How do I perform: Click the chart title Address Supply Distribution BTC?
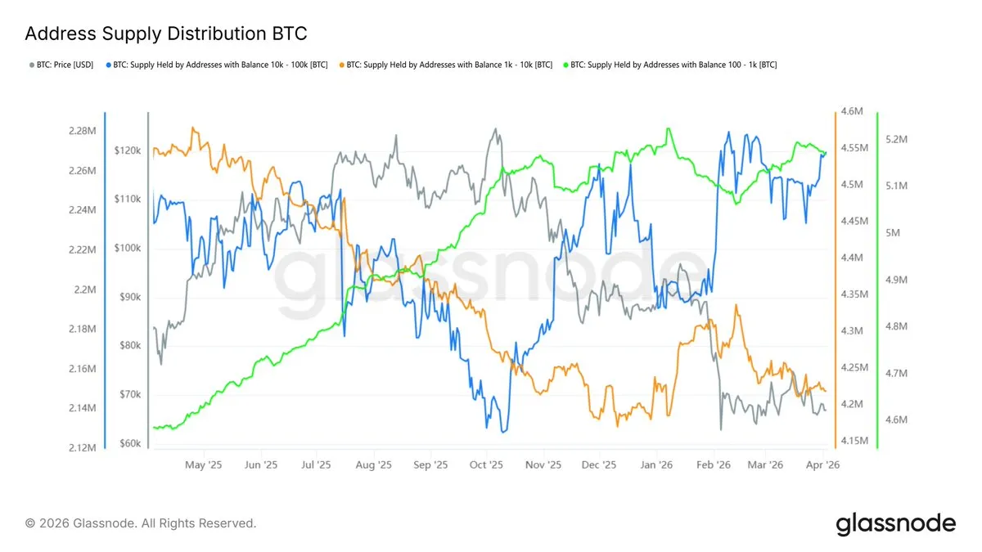click(166, 34)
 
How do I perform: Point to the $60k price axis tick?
click(129, 444)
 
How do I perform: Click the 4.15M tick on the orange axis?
click(854, 441)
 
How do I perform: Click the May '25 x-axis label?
click(204, 464)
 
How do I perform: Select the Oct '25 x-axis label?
click(486, 464)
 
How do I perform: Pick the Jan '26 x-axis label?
click(656, 464)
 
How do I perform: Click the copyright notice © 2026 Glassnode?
click(141, 523)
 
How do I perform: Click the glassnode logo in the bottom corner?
click(895, 523)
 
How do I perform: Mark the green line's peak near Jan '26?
click(669, 128)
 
